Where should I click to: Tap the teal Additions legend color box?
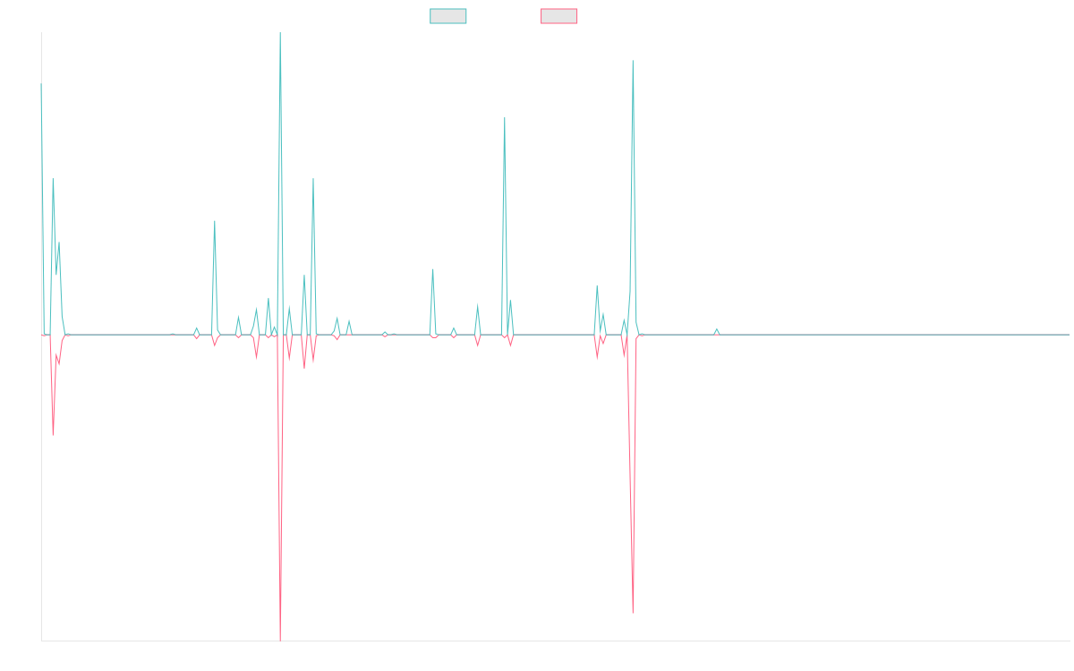tap(448, 16)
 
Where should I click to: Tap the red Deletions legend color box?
tap(559, 16)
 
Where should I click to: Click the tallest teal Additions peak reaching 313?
tap(280, 33)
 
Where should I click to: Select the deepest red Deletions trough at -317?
tap(280, 640)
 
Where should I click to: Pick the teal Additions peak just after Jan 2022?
tap(505, 118)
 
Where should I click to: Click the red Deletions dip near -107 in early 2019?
tap(53, 435)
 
